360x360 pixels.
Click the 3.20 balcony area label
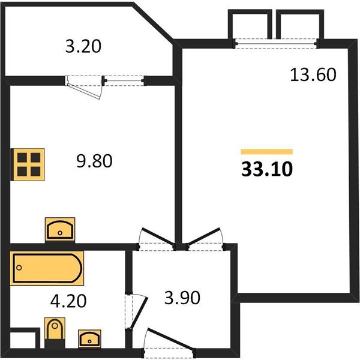pyautogui.click(x=83, y=46)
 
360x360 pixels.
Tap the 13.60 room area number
pyautogui.click(x=312, y=75)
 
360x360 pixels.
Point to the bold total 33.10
pyautogui.click(x=266, y=170)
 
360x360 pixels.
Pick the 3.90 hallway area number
pyautogui.click(x=181, y=298)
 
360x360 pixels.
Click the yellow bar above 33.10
pyautogui.click(x=266, y=152)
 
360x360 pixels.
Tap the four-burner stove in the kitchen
pyautogui.click(x=28, y=163)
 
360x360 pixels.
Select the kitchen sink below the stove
pyautogui.click(x=60, y=229)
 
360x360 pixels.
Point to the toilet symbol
pyautogui.click(x=55, y=334)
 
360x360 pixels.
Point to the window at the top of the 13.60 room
pyautogui.click(x=277, y=41)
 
